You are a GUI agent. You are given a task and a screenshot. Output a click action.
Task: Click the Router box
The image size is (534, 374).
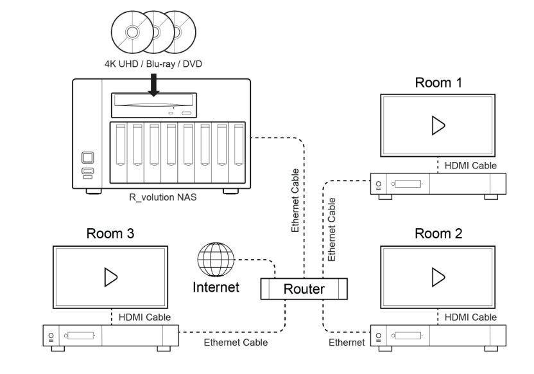[304, 289]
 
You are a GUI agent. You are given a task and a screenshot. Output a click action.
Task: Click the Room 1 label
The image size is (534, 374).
[438, 83]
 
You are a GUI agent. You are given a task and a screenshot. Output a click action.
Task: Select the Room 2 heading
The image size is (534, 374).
[438, 233]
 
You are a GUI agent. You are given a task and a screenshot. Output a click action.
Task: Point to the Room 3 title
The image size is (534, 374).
[111, 233]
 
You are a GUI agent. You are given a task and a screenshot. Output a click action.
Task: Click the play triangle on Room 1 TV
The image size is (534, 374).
[438, 126]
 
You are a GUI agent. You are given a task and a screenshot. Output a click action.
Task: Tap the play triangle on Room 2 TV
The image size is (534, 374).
[438, 277]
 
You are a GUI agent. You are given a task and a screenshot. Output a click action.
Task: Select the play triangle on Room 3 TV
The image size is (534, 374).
[110, 277]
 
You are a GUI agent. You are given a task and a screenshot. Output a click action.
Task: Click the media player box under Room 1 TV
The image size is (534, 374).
[438, 185]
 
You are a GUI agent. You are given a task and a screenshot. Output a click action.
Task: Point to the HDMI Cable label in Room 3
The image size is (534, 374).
[144, 317]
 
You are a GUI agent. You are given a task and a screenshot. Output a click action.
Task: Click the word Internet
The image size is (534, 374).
[216, 287]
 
